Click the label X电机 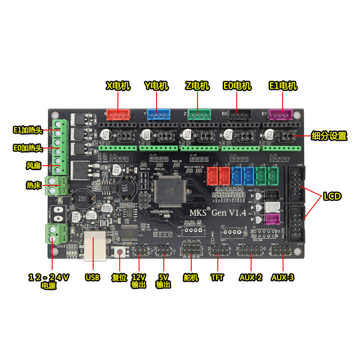118,85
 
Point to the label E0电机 237,85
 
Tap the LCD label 331,196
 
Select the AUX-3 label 283,278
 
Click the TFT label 217,278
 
